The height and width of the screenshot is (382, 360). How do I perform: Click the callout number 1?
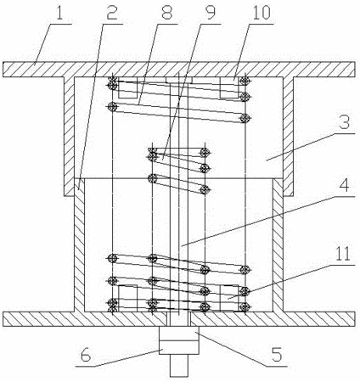(59, 12)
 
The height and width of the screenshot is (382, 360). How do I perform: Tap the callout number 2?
(112, 12)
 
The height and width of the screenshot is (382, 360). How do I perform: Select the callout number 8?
(166, 12)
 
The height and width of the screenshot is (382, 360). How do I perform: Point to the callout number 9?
(210, 12)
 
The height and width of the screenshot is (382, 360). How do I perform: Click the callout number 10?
(262, 12)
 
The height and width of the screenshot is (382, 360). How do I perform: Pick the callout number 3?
(345, 121)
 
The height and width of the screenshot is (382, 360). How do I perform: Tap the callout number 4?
(345, 185)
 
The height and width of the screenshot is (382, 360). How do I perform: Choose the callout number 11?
(343, 254)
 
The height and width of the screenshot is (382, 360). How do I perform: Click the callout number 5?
(277, 354)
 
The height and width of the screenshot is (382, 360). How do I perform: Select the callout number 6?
(86, 355)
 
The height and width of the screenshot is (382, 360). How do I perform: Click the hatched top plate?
(179, 70)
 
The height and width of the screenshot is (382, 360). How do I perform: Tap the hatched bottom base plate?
(179, 319)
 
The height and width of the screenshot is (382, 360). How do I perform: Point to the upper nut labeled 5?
(179, 334)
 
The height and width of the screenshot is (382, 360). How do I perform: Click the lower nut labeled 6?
(179, 347)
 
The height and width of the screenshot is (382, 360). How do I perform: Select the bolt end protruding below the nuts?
(179, 365)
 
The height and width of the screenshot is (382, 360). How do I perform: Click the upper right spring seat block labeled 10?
(230, 87)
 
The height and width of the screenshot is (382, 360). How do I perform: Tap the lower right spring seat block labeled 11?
(230, 298)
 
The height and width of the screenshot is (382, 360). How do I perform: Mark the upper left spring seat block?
(127, 87)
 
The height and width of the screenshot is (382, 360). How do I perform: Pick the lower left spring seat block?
(127, 298)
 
